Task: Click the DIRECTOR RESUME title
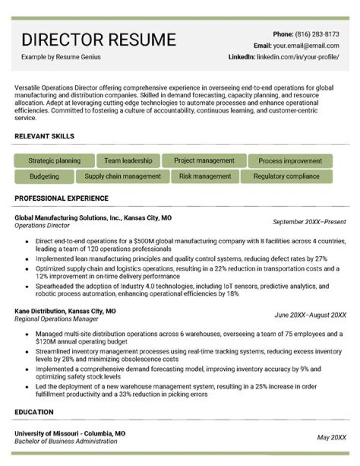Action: coord(98,40)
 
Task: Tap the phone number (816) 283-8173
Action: coord(317,35)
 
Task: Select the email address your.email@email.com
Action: coord(306,46)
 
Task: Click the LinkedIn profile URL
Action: coord(298,57)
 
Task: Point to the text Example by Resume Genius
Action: coord(60,57)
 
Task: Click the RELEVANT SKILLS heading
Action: coord(44,136)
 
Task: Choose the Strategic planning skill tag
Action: coord(54,161)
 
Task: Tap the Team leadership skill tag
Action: coord(128,161)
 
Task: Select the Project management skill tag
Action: coord(204,161)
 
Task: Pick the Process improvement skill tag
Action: coord(290,161)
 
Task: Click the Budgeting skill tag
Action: coord(44,176)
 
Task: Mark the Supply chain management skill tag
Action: coord(122,176)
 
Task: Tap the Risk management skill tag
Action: coord(205,176)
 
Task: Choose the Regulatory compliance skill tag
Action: coord(286,176)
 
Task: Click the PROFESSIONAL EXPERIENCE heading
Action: coord(61,198)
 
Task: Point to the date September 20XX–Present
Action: coord(309,222)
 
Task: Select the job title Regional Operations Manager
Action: coord(56,319)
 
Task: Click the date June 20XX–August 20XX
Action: coord(310,315)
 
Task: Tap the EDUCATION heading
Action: coord(34,412)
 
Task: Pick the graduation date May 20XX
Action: coord(331,437)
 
